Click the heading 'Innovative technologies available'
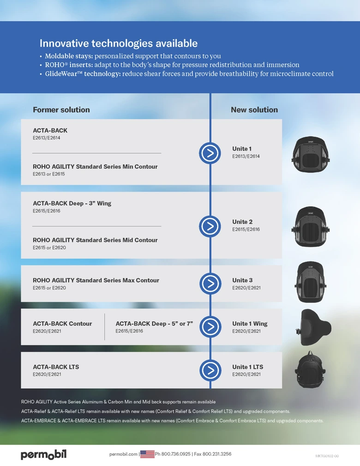coord(119,43)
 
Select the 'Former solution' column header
coord(61,109)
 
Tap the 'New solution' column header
coord(254,109)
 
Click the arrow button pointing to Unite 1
coord(210,153)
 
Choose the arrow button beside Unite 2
coord(210,226)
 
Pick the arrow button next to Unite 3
coord(210,283)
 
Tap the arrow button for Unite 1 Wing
coord(210,327)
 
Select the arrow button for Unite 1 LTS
coord(210,370)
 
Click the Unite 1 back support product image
coord(311,154)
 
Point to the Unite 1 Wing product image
coord(313,327)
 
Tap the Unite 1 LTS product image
coord(310,369)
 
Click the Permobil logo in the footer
coord(43,455)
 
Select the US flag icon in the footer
coord(147,454)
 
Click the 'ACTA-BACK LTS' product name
coord(56,367)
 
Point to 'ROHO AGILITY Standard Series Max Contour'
coord(96,280)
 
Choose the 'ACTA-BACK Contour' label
coord(62,323)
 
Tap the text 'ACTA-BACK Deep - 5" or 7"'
coord(154,323)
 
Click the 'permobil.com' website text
coord(123,454)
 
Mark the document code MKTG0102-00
coord(327,456)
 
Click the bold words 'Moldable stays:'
coord(69,56)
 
